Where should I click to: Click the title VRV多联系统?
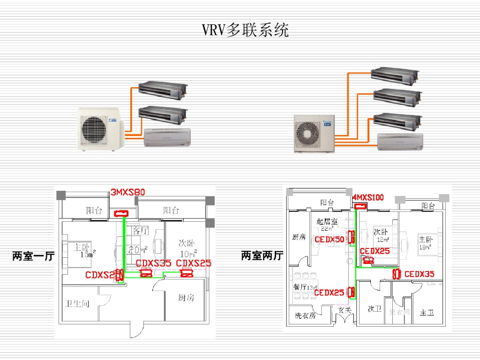click(x=245, y=30)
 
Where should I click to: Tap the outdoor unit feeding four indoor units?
click(x=314, y=134)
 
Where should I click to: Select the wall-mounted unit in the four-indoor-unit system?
click(x=400, y=142)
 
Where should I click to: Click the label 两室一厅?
click(x=33, y=256)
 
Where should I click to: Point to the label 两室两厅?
click(x=262, y=255)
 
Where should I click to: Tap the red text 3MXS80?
click(x=128, y=192)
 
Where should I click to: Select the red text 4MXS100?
click(x=368, y=197)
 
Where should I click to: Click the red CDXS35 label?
click(x=153, y=263)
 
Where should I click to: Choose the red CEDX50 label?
click(x=330, y=239)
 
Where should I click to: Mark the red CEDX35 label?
click(x=419, y=274)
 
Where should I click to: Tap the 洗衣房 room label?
click(x=305, y=315)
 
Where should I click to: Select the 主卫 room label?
click(x=427, y=312)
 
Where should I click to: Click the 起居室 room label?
click(x=326, y=221)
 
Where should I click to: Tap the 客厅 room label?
click(x=140, y=231)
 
